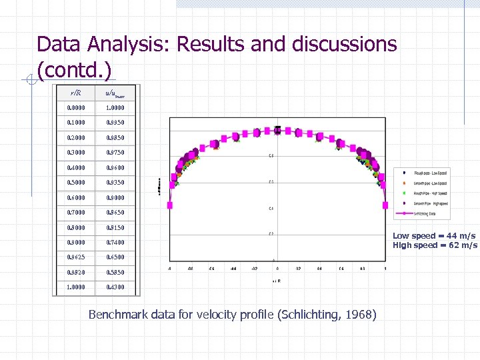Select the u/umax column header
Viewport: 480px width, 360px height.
(115, 93)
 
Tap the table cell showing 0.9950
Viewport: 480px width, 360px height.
(115, 123)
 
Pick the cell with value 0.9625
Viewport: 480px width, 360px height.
(76, 257)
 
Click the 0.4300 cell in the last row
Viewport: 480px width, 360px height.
(115, 287)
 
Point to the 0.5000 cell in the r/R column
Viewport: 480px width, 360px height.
(76, 182)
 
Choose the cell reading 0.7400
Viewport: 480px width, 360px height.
(115, 242)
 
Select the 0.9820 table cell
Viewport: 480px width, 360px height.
(76, 272)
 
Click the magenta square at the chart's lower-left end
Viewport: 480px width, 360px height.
(170, 205)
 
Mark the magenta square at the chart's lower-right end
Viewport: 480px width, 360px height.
(386, 205)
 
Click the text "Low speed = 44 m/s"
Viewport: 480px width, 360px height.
(434, 236)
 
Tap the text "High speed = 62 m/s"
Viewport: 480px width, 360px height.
(435, 245)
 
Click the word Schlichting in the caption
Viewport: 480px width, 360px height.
(305, 315)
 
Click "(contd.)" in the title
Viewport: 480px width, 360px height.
(74, 70)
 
